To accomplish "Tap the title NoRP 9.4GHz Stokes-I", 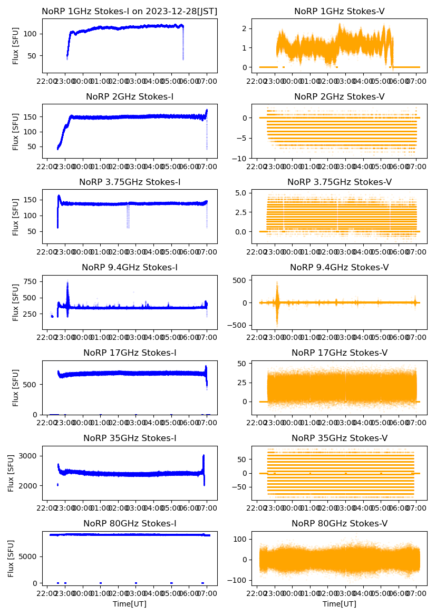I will [x=130, y=268].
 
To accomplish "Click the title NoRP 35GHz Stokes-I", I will [x=130, y=438].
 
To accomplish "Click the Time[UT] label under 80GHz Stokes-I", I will [x=130, y=604].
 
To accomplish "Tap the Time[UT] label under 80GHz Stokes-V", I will [x=339, y=604].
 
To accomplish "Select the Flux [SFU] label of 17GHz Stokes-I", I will [x=16, y=387].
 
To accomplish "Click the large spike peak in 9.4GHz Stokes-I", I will [x=67, y=283].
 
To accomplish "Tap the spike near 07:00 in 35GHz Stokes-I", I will [x=204, y=456].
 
